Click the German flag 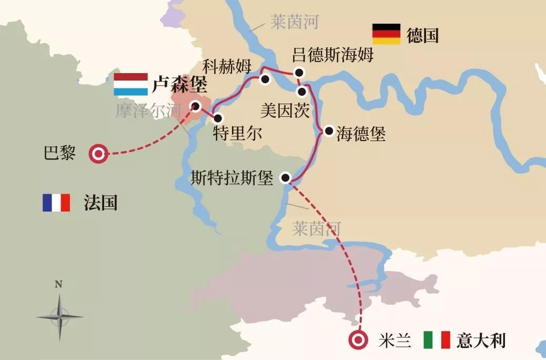point(386,34)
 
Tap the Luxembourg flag point(130,84)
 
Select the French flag point(56,203)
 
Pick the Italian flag point(437,340)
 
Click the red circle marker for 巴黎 point(98,154)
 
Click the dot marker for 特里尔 point(217,118)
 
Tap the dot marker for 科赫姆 point(265,79)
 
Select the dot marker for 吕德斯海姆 point(299,73)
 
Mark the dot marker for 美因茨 point(301,92)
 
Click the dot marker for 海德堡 point(329,131)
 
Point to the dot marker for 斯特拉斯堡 point(286,177)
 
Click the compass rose point(59,316)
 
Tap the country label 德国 point(422,35)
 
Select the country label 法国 point(100,203)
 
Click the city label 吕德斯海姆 point(332,55)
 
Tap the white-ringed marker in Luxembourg point(196,106)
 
